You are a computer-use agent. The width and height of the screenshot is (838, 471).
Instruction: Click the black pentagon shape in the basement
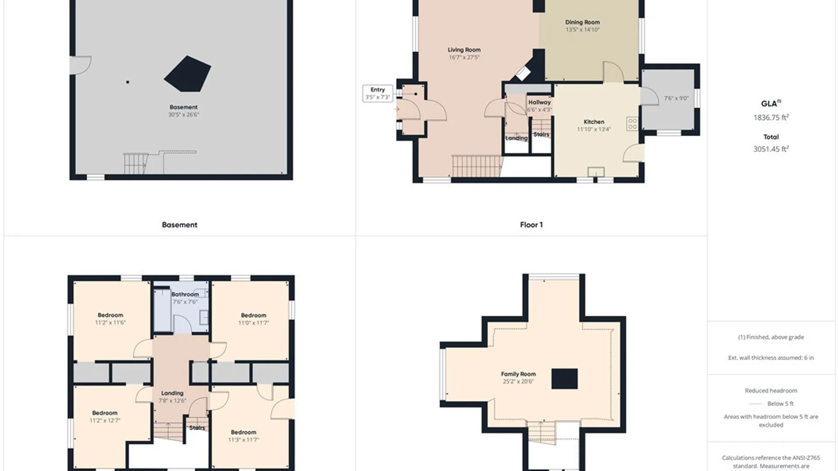coord(188,74)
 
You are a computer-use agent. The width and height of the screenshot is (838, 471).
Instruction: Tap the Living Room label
coord(464,50)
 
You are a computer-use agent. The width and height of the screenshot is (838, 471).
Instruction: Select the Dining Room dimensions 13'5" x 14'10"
coord(583,30)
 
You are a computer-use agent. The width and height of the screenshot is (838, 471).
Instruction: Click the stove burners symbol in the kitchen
coord(632,124)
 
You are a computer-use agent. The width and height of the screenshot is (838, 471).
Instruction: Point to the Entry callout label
coord(378,89)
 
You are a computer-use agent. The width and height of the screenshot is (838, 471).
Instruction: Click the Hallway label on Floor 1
coord(539,102)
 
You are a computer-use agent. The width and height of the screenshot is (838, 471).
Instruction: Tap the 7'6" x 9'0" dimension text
coord(676,99)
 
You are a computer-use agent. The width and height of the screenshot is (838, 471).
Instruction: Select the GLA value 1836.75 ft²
coord(771,117)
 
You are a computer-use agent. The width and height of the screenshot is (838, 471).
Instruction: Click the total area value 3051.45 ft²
coord(771,149)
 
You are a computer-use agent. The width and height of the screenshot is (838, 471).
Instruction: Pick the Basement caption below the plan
coord(179,225)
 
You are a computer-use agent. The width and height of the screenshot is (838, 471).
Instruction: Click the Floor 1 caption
coord(531,225)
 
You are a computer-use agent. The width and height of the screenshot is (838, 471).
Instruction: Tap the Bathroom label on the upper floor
coord(185,294)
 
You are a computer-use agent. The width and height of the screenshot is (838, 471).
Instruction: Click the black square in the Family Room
coord(564,379)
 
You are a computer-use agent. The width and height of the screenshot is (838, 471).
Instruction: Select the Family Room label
coord(518,374)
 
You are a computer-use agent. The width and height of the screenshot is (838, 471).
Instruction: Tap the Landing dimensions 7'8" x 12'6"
coord(172,401)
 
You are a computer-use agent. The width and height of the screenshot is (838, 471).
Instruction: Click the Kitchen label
coord(594,122)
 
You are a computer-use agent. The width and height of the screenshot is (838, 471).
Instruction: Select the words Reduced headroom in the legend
coord(771,391)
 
